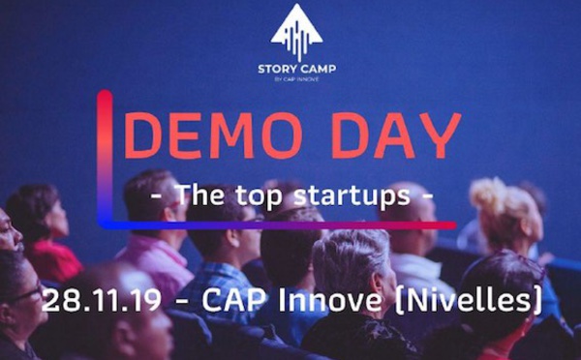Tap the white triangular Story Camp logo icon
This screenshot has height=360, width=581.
(296, 33)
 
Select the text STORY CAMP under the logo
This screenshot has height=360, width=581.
(296, 69)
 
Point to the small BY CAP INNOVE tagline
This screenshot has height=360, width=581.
(296, 80)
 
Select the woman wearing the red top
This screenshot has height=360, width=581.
(44, 232)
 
